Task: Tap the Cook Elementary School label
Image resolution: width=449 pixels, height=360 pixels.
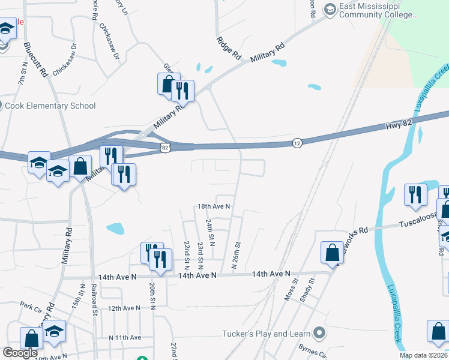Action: point(50,106)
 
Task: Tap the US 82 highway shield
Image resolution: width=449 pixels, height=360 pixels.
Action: point(166,146)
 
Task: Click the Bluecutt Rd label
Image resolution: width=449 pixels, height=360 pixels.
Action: point(35,59)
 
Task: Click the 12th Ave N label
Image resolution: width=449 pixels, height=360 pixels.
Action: point(123,308)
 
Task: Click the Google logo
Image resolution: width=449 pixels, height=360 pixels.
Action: point(20,353)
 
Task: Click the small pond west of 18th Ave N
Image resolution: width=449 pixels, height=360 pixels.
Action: point(115,228)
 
